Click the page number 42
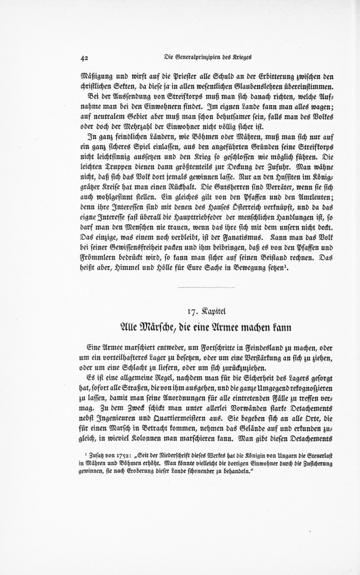(x=84, y=58)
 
